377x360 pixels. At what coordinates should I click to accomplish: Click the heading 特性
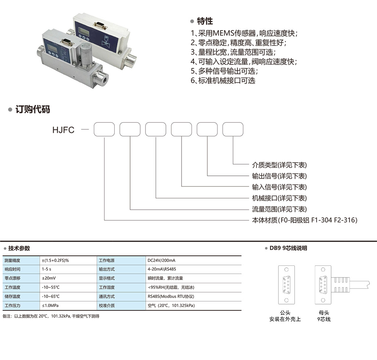205,21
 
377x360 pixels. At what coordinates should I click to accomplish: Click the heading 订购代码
33,110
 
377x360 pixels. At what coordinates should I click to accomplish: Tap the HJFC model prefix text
63,130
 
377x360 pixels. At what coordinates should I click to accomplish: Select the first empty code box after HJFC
104,129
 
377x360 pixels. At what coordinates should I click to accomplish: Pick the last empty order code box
233,129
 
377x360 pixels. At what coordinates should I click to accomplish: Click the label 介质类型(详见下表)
279,165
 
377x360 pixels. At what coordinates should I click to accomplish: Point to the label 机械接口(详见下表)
279,198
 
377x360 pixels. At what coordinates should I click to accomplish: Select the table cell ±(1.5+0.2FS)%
55,260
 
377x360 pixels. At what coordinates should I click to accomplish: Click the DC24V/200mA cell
161,260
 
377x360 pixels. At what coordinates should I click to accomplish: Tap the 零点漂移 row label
13,278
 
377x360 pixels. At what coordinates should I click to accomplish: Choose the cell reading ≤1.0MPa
50,305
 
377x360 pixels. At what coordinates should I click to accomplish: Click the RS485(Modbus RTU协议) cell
171,296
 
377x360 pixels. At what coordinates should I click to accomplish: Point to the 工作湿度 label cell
107,287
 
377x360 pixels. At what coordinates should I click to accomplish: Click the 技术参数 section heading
19,248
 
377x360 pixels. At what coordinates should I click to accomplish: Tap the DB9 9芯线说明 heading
288,248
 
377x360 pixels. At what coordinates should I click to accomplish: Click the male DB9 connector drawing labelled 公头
286,285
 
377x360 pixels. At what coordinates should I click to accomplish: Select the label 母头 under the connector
324,313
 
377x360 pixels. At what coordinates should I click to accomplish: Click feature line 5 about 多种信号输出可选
224,71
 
